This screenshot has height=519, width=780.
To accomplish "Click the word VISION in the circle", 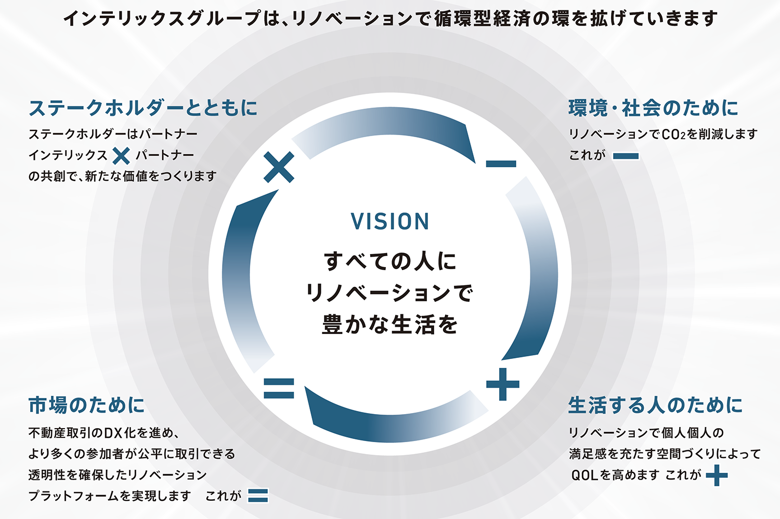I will tap(390, 222).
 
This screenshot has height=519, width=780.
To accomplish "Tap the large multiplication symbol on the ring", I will tap(279, 167).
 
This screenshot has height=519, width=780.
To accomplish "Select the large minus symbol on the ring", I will tap(501, 164).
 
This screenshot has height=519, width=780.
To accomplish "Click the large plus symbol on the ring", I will tap(502, 384).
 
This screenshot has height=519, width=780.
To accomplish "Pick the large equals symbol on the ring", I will tap(279, 388).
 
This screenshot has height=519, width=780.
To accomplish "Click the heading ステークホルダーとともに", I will tap(143, 108).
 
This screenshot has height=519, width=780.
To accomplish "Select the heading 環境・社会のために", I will tap(653, 108).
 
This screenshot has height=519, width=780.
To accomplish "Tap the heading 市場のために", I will tap(86, 405).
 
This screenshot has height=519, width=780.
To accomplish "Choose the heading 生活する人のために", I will tap(655, 405).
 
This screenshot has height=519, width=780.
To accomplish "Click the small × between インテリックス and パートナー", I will tap(121, 155).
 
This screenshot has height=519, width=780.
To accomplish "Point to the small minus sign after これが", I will tap(626, 156).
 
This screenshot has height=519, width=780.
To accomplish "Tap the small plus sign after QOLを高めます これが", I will tap(717, 475).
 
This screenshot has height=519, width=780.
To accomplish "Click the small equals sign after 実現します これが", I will tap(258, 496).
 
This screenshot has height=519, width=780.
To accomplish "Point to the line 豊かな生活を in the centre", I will tap(390, 325).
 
